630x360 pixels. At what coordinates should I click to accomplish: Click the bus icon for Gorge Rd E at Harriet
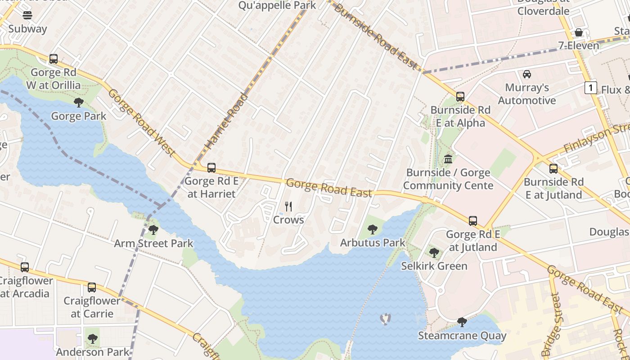[x=211, y=168]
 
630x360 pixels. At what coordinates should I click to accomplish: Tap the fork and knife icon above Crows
[x=288, y=207]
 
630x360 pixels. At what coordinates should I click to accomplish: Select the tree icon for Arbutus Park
[x=372, y=229]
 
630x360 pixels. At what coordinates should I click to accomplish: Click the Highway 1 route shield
[x=590, y=88]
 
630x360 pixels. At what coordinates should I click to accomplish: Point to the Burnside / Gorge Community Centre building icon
[x=448, y=159]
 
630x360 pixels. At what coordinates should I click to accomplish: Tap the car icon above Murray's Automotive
[x=526, y=74]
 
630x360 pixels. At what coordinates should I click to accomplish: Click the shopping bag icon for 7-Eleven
[x=579, y=32]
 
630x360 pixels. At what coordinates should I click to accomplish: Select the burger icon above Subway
[x=27, y=15]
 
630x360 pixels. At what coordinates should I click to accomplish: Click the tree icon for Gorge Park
[x=79, y=103]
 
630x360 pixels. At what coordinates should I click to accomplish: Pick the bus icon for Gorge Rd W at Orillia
[x=54, y=59]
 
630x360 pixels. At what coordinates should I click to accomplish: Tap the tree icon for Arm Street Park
[x=153, y=230]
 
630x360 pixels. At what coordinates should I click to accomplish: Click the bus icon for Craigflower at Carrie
[x=92, y=287]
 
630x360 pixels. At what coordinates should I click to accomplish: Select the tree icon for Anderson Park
[x=93, y=338]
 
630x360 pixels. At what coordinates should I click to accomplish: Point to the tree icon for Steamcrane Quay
[x=462, y=322]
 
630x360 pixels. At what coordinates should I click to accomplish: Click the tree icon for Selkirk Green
[x=434, y=252]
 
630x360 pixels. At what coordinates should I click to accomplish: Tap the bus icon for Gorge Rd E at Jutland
[x=472, y=221]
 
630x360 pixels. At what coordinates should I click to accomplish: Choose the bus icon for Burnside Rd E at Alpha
[x=460, y=97]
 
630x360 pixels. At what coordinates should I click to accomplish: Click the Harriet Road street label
[x=227, y=121]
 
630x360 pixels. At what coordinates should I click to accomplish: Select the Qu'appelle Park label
[x=277, y=5]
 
